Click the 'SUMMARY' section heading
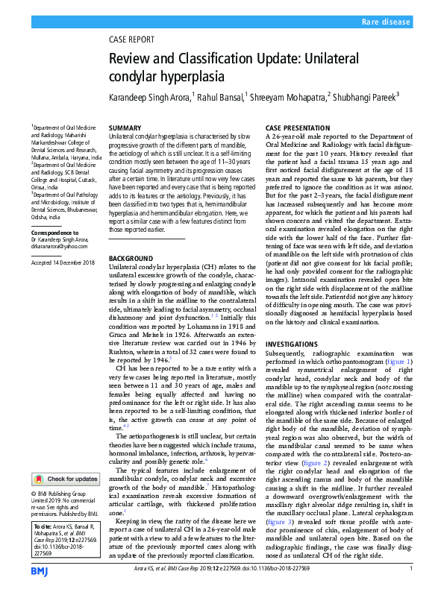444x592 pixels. pyautogui.click(x=125, y=129)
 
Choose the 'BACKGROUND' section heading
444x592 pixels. pyautogui.click(x=132, y=257)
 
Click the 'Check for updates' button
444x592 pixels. pyautogui.click(x=66, y=479)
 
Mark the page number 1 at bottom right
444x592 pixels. pyautogui.click(x=411, y=570)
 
